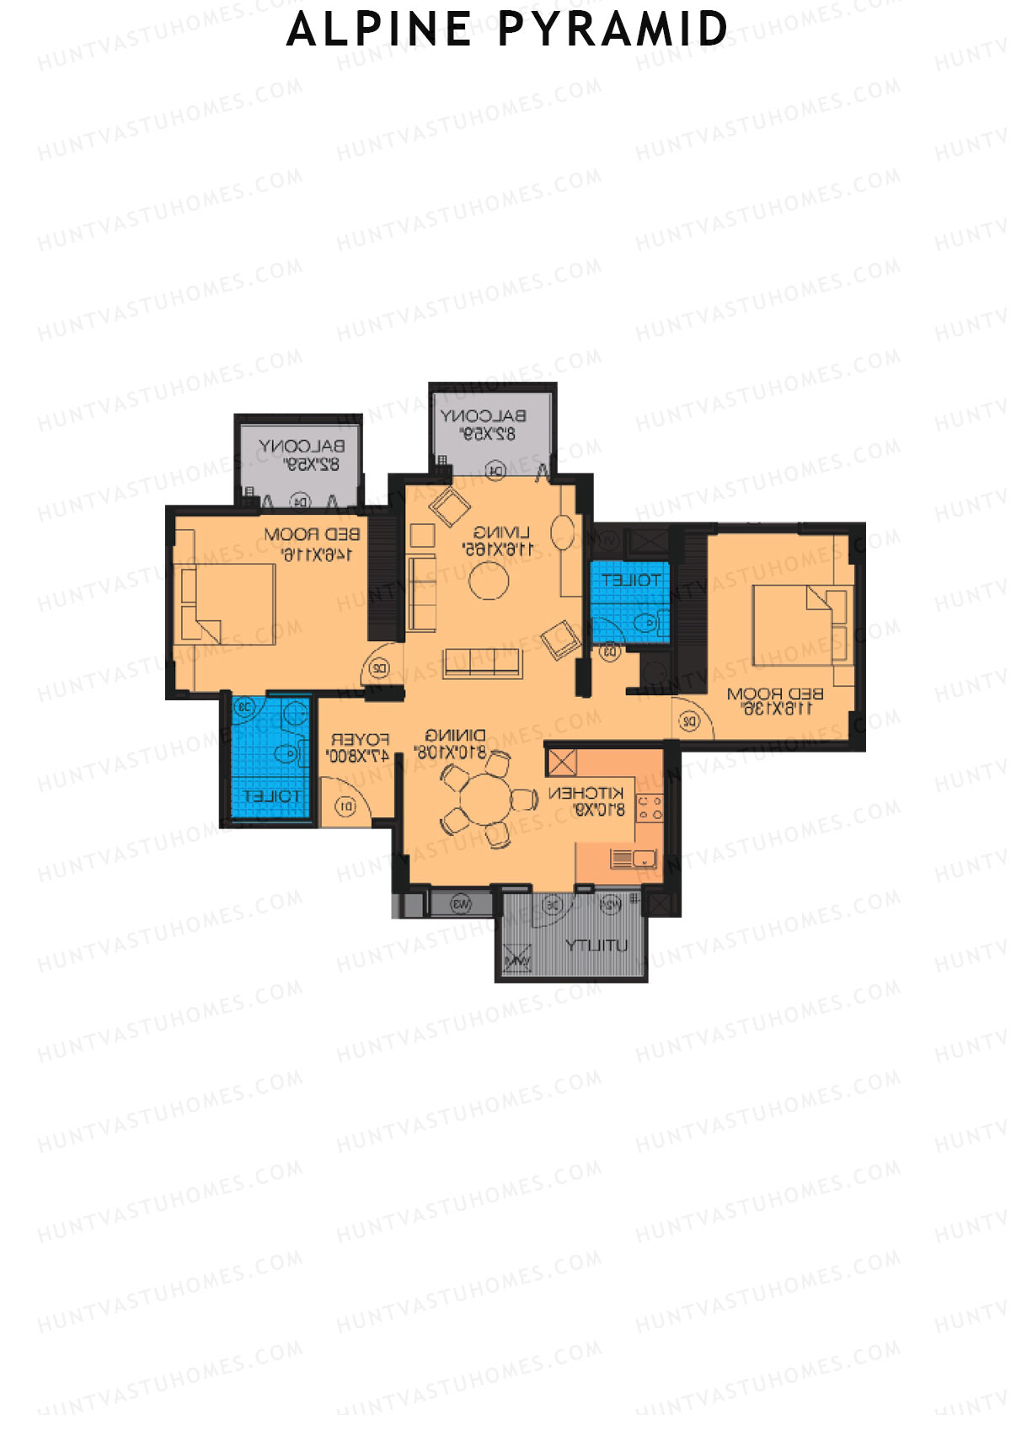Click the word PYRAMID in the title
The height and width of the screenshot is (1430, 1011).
612,29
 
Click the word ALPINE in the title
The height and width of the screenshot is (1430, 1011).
379,29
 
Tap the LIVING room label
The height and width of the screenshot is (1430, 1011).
501,533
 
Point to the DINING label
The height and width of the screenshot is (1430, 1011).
455,735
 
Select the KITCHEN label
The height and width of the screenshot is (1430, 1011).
586,793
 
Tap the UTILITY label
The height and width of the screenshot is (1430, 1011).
596,945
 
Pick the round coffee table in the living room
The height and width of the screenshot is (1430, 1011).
489,580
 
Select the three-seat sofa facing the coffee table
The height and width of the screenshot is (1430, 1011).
482,663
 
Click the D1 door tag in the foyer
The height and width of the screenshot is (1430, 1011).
346,807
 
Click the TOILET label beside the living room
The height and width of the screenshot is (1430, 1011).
632,580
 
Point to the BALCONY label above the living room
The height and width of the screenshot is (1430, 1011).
484,415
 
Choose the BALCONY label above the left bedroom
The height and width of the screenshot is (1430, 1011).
301,446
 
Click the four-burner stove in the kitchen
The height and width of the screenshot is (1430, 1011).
650,808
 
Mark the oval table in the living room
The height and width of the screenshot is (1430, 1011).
563,533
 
